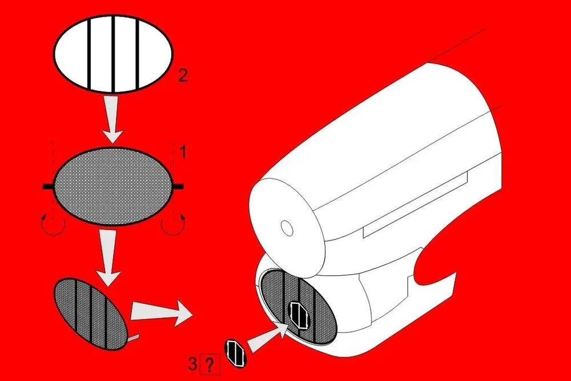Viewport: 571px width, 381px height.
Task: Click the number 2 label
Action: pos(183,75)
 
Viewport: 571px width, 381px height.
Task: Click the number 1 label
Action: pos(183,151)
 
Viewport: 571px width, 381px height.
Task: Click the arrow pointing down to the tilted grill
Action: pos(107,258)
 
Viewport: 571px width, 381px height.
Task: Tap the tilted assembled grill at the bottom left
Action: pos(91,314)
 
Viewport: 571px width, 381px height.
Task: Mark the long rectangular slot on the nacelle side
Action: pos(417,206)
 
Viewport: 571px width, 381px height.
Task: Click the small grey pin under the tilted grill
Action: pos(132,339)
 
